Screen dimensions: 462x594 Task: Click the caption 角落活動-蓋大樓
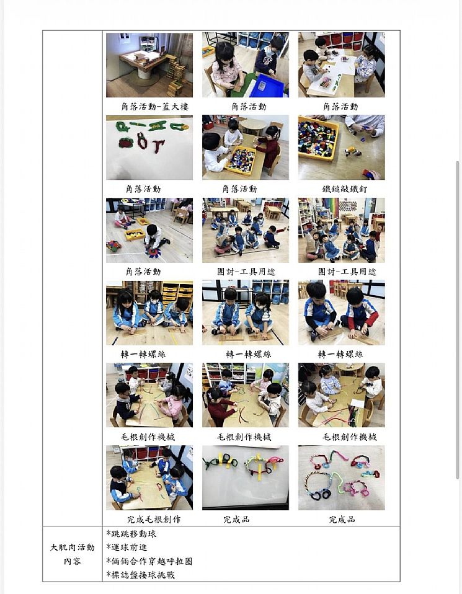pyautogui.click(x=154, y=107)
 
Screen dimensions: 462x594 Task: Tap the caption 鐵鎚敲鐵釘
pyautogui.click(x=345, y=188)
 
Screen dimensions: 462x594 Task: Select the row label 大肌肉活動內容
pyautogui.click(x=72, y=554)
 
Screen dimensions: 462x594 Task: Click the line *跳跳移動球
pyautogui.click(x=131, y=534)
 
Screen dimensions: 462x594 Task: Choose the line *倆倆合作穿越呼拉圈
pyautogui.click(x=149, y=561)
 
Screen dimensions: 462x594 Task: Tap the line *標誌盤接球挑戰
pyautogui.click(x=141, y=575)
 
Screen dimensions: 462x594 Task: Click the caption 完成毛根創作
pyautogui.click(x=154, y=520)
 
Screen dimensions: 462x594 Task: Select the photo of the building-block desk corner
pyautogui.click(x=149, y=64)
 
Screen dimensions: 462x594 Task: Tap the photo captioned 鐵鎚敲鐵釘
pyautogui.click(x=342, y=148)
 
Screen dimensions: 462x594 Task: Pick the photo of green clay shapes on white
pyautogui.click(x=149, y=148)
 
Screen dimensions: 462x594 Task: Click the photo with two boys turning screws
pyautogui.click(x=342, y=313)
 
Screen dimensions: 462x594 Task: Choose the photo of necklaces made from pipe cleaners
pyautogui.click(x=342, y=477)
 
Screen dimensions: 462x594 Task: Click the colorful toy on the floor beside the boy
pyautogui.click(x=113, y=246)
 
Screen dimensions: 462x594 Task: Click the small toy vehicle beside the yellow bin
pyautogui.click(x=352, y=151)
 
